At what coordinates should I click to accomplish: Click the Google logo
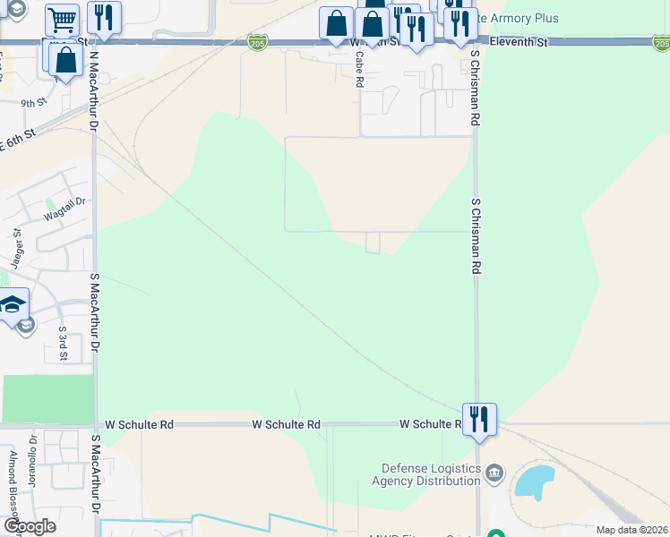tap(30, 526)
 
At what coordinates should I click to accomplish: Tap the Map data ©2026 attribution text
tap(631, 530)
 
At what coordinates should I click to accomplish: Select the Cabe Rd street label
tap(358, 69)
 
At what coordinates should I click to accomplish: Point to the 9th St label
tap(34, 103)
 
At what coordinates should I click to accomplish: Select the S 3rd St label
tap(63, 343)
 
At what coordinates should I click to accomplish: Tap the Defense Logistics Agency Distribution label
tap(431, 474)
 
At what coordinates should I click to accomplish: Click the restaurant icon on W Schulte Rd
tap(479, 418)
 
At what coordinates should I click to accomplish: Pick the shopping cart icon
tap(62, 19)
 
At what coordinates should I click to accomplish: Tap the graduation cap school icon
tap(13, 305)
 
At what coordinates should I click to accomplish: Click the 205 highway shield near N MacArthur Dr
tap(258, 42)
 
